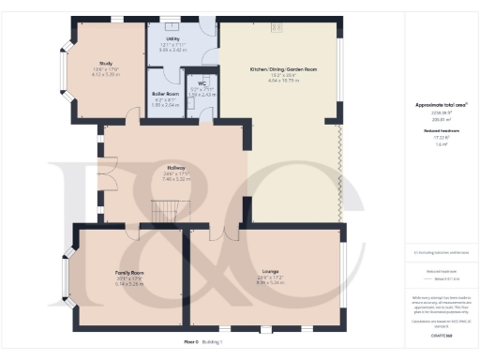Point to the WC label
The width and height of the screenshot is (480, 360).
pos(201,82)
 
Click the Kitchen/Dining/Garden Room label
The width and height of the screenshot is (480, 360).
pos(282,70)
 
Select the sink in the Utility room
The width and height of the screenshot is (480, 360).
pos(170,22)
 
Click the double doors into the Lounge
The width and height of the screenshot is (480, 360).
pos(223,232)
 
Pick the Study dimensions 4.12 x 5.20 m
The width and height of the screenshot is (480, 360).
pos(105,74)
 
